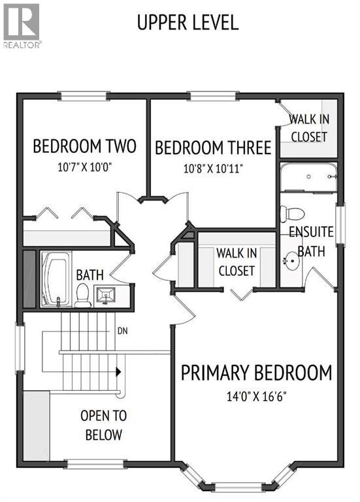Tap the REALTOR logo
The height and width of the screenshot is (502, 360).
[x=21, y=25]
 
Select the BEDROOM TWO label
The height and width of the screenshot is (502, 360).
[x=84, y=146]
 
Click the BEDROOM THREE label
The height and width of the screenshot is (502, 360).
[x=212, y=148]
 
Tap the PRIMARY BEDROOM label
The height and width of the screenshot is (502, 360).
[x=256, y=373]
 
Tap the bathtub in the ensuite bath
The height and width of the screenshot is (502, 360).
[x=309, y=176]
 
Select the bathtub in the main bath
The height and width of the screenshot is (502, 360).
[x=55, y=279]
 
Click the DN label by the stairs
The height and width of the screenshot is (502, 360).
[x=122, y=331]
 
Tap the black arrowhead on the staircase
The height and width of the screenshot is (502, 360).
[x=118, y=372]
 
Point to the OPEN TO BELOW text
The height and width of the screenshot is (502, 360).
[x=103, y=425]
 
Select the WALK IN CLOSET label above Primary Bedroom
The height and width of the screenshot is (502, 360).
[x=237, y=261]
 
